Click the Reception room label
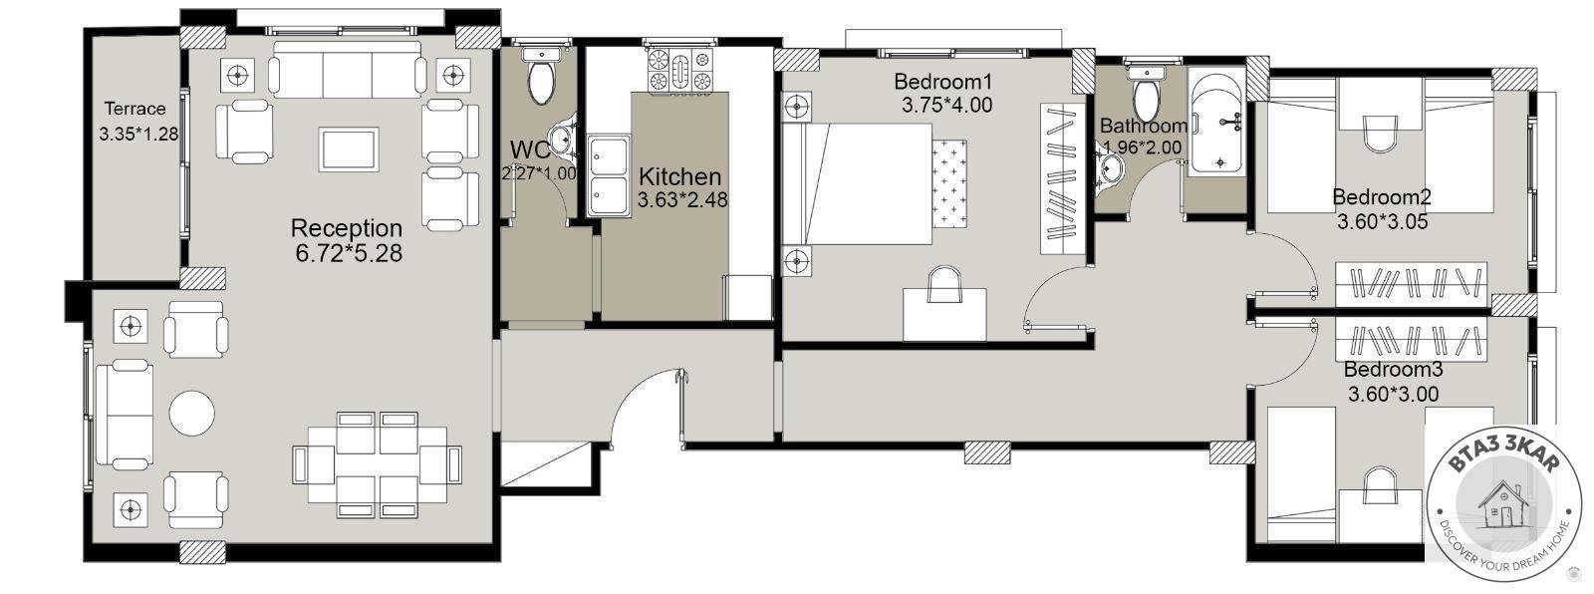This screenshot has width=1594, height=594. (347, 228)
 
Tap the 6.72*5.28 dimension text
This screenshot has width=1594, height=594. (349, 253)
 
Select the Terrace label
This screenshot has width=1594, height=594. (135, 109)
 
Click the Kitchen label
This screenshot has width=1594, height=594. (679, 176)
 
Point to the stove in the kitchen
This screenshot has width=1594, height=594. (679, 69)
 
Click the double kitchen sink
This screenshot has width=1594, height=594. (609, 176)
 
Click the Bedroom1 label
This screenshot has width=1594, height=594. (942, 81)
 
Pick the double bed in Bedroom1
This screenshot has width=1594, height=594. (876, 184)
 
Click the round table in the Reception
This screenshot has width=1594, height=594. (192, 413)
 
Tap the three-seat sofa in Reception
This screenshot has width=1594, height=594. (347, 69)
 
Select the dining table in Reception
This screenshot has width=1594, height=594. (378, 464)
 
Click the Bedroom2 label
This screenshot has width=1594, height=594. (1381, 196)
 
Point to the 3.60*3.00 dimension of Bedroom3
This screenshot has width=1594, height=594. (1394, 394)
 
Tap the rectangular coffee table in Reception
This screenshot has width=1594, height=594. (349, 149)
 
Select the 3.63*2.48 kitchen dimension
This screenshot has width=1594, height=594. (682, 200)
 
